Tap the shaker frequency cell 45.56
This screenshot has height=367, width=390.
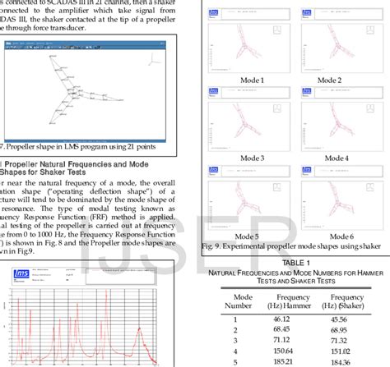tap(346, 319)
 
